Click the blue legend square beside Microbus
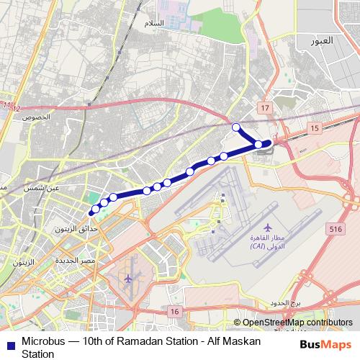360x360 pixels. tap(8, 341)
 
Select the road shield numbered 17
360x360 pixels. tap(265, 107)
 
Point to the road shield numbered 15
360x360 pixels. tap(314, 127)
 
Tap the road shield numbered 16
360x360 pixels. tap(174, 310)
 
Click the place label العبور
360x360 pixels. tap(323, 40)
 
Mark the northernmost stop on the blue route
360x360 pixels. tap(236, 127)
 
